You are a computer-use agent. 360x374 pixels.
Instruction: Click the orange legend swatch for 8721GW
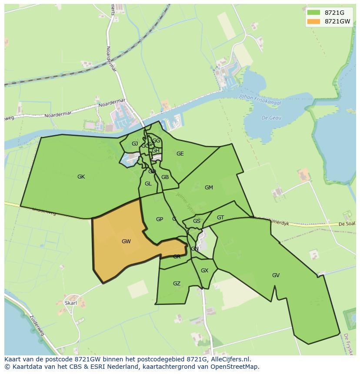click(x=313, y=21)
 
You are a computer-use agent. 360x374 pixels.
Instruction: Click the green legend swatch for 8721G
click(x=313, y=13)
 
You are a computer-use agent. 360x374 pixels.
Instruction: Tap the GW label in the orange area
click(x=126, y=242)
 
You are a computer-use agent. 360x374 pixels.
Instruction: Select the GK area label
click(x=81, y=177)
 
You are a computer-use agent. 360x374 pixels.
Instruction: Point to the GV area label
click(x=276, y=275)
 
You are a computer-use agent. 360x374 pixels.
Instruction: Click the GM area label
click(x=209, y=188)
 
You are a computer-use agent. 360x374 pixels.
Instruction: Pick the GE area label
click(x=180, y=154)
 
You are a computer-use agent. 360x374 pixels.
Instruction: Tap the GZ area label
click(x=177, y=284)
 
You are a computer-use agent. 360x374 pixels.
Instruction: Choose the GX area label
click(x=204, y=271)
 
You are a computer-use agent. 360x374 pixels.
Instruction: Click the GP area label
click(x=160, y=219)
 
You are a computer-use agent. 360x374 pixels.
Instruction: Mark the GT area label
click(x=220, y=218)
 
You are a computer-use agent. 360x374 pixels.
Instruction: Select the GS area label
click(x=197, y=221)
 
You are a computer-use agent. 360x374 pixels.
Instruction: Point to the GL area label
click(x=148, y=184)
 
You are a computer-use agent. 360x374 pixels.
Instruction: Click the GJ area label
click(x=135, y=144)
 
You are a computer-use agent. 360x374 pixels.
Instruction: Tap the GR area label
click(x=177, y=257)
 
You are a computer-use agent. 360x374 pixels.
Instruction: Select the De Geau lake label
click(x=271, y=118)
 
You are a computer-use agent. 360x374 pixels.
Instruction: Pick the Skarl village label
click(x=70, y=303)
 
